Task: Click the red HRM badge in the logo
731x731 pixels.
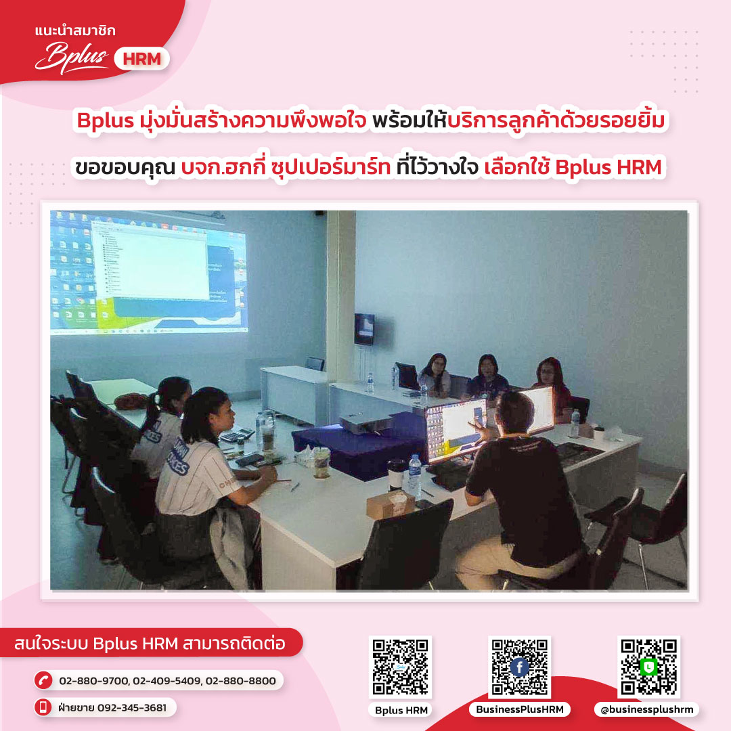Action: point(141,59)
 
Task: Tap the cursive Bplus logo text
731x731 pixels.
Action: point(71,58)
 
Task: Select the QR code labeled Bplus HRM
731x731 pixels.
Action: point(401,667)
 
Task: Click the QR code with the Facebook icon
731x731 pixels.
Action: point(519,667)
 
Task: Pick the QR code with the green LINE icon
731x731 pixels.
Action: point(648,667)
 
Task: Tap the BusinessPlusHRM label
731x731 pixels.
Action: point(520,709)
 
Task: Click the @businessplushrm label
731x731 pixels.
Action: point(646,709)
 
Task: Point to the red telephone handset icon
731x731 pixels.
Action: point(43,680)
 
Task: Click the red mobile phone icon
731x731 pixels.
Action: point(43,707)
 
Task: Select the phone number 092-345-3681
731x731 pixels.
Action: point(132,708)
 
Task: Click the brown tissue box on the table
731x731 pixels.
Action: point(391,504)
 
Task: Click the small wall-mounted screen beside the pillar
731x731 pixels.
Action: point(364,329)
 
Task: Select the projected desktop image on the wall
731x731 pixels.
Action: point(149,273)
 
